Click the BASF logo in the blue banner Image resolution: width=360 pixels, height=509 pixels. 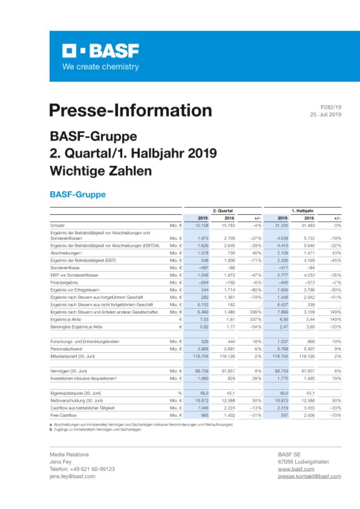(100, 51)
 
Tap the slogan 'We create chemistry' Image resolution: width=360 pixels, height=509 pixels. (100, 67)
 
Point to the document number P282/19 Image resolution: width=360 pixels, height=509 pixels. (331, 107)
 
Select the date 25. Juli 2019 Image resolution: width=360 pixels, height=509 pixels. (325, 115)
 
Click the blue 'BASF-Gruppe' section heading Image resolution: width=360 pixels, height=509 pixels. (78, 194)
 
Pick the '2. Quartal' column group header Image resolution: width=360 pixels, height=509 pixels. (222, 210)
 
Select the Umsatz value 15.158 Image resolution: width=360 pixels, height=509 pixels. (202, 225)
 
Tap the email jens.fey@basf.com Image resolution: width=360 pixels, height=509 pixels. (72, 476)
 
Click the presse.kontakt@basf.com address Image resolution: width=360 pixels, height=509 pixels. (309, 476)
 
